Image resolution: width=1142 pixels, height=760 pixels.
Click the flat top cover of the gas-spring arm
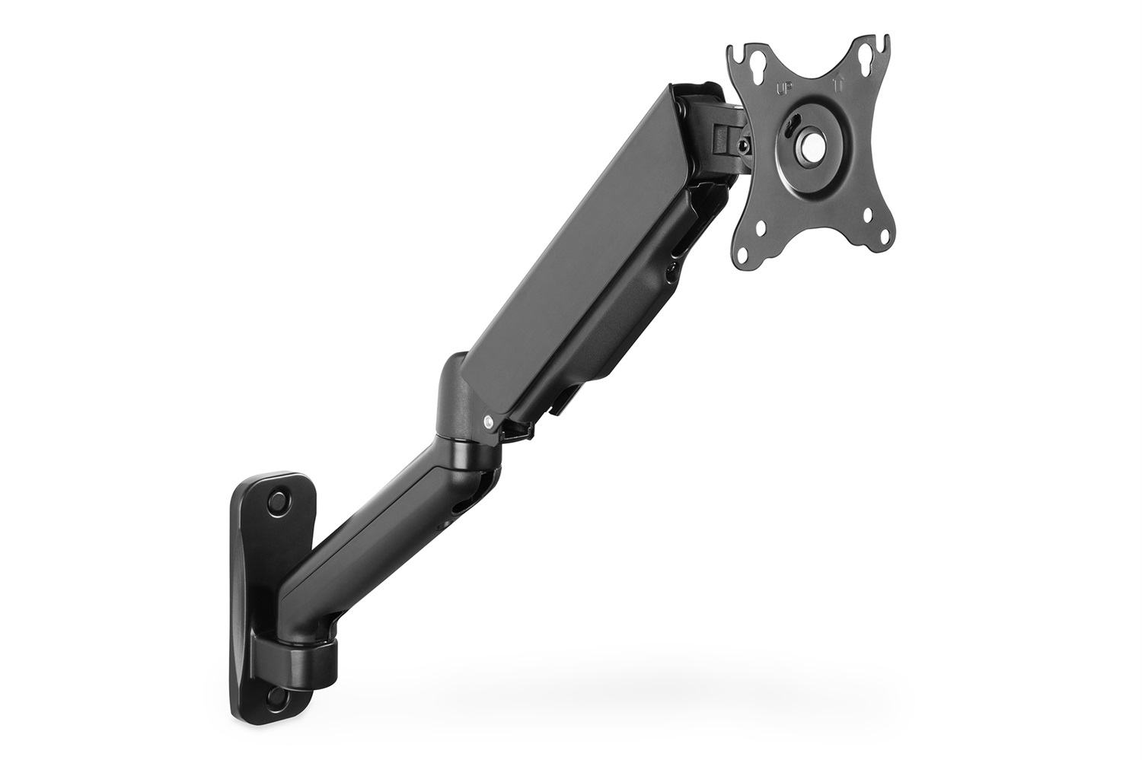tap(579, 243)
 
